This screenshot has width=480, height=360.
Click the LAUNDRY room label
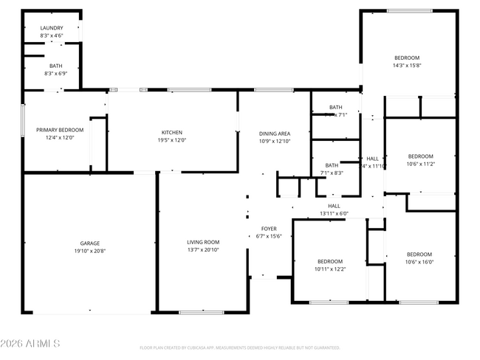pos(51,28)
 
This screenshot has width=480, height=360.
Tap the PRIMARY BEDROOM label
pos(60,130)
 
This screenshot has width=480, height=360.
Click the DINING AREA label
pos(274,134)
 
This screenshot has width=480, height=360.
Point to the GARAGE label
pos(90,243)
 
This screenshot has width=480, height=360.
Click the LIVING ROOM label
pos(202,242)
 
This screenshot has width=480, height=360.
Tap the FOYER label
pos(269,229)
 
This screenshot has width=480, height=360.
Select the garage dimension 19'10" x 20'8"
pos(90,251)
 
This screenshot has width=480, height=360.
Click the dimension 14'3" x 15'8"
pos(406,65)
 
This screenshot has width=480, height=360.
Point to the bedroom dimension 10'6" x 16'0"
pos(419,262)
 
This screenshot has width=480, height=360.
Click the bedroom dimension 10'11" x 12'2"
pos(330,269)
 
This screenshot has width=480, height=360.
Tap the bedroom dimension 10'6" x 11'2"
pos(420,164)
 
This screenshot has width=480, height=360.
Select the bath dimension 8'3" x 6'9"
pos(51,73)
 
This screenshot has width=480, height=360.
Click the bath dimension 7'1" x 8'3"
pos(332,173)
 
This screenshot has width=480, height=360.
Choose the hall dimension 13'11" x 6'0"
pos(334,213)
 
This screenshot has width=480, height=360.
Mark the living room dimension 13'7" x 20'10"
pos(202,249)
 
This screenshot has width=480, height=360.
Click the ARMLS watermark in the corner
pos(31,344)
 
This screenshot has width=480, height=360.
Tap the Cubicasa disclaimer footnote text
pos(240,347)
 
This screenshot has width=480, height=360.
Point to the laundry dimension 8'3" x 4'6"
pos(51,35)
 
